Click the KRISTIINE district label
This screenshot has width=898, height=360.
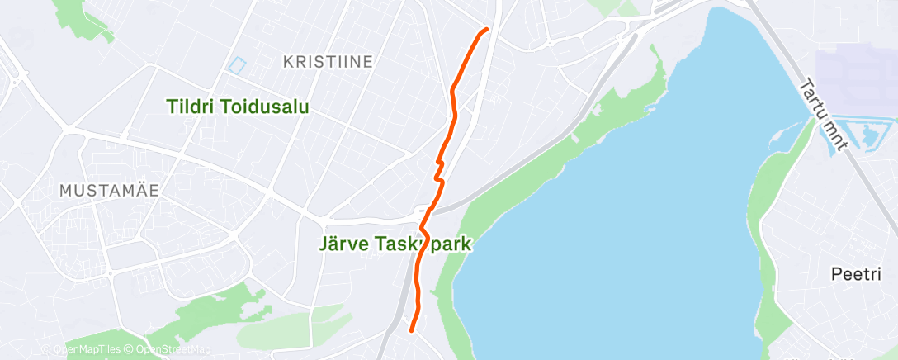[328, 61]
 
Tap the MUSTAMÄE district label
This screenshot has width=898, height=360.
[109, 190]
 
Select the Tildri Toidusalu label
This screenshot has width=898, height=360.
[238, 107]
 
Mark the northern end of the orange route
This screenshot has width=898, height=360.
[485, 30]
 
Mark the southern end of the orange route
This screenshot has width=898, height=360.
[411, 329]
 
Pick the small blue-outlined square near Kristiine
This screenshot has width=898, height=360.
[238, 64]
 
